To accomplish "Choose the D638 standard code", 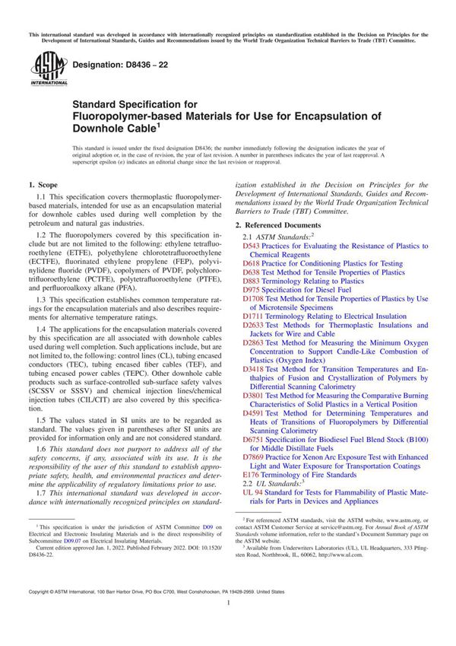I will coord(251,272).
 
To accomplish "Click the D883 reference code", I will coord(251,281).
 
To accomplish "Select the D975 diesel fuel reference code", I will coord(251,291).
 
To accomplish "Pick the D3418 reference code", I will coord(253,369).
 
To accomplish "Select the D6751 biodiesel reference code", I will coord(253,440).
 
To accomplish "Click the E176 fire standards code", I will coord(251,474).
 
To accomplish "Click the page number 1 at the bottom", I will coord(228,623).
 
